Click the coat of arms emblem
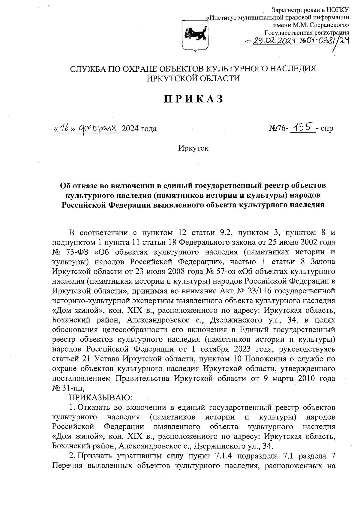pos(194,35)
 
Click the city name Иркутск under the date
pos(193,148)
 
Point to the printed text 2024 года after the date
pos(139,129)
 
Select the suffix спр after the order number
pos(327,129)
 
